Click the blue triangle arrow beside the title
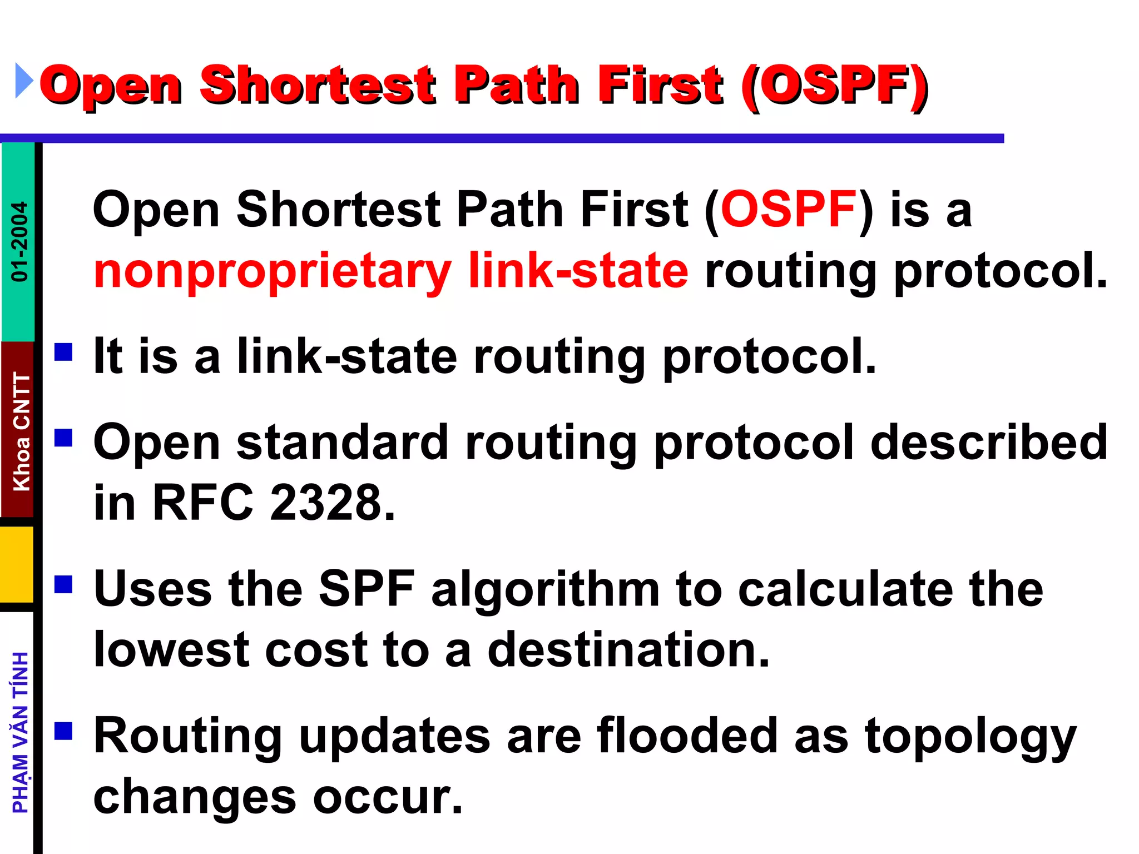pyautogui.click(x=24, y=81)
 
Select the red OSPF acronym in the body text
pyautogui.click(x=788, y=210)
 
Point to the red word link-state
pyautogui.click(x=578, y=271)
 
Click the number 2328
pyautogui.click(x=332, y=503)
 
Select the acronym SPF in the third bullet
pyautogui.click(x=367, y=589)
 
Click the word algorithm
pyautogui.click(x=545, y=590)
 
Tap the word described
pyautogui.click(x=989, y=443)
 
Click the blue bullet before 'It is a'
pyautogui.click(x=64, y=352)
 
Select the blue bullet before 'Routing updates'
pyautogui.click(x=64, y=731)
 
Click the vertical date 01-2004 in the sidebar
pyautogui.click(x=19, y=241)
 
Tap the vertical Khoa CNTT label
pyautogui.click(x=21, y=431)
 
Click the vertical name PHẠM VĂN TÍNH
pyautogui.click(x=21, y=732)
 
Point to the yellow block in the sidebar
pyautogui.click(x=17, y=564)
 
